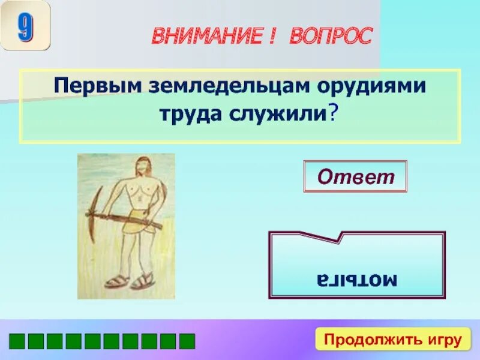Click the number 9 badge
pos(25,26)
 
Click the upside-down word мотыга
pos(357,279)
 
